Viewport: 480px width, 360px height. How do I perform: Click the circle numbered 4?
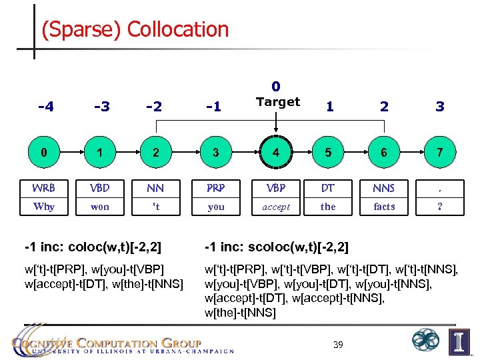click(x=275, y=153)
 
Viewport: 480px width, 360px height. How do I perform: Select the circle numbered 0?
click(x=44, y=153)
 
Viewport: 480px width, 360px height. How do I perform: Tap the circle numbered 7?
click(x=439, y=153)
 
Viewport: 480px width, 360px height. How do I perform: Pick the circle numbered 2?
click(x=155, y=153)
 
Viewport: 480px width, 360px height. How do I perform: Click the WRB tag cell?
click(x=44, y=188)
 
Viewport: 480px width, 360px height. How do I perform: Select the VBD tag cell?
click(x=100, y=188)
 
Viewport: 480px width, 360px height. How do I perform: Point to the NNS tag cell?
click(x=384, y=188)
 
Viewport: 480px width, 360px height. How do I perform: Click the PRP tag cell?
click(x=215, y=188)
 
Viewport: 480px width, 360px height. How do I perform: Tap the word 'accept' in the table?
click(x=275, y=207)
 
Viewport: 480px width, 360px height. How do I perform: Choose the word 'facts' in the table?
click(x=384, y=207)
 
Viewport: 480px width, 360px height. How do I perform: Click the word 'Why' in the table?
click(x=44, y=207)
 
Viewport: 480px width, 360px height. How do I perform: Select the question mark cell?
click(x=439, y=207)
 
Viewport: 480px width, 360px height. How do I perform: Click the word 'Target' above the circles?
click(x=278, y=102)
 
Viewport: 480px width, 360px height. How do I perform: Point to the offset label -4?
click(x=46, y=106)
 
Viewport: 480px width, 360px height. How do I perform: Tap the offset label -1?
click(x=214, y=106)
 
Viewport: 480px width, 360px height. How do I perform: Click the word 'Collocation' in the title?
click(x=178, y=29)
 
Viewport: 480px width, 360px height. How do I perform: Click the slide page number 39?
click(x=338, y=345)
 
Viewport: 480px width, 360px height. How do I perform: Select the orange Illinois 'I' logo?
click(x=459, y=341)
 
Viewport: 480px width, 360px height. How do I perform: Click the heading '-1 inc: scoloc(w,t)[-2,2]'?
click(x=276, y=248)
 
